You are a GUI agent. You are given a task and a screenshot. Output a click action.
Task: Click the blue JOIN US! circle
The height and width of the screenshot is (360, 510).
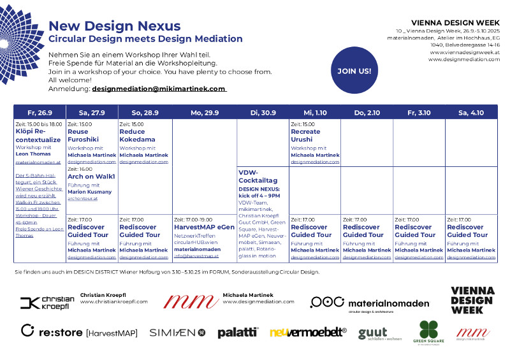(x=354, y=71)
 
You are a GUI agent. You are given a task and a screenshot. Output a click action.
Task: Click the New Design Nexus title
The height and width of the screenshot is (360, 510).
(x=114, y=26)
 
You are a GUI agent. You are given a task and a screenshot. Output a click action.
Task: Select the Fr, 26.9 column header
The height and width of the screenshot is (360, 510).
(x=40, y=112)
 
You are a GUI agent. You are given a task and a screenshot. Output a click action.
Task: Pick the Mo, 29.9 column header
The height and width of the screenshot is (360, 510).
(x=205, y=112)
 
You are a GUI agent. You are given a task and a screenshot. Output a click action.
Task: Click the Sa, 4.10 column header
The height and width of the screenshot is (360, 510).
(x=471, y=112)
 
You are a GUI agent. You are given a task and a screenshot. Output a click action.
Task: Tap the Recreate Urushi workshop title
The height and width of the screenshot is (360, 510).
(x=306, y=135)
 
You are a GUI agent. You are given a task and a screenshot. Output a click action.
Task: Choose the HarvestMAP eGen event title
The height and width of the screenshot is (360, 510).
(x=204, y=227)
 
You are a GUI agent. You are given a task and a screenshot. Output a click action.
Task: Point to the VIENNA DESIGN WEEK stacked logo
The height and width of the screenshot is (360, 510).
(x=472, y=300)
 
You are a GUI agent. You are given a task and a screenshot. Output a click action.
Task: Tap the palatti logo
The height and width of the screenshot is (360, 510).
(x=238, y=332)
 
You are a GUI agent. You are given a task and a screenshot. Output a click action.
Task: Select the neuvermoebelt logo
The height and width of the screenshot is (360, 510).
(x=308, y=332)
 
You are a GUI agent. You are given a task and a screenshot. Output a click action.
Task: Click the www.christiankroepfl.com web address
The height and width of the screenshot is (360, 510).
(x=113, y=301)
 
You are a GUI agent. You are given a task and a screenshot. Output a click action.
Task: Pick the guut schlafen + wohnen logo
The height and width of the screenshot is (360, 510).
(x=373, y=333)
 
